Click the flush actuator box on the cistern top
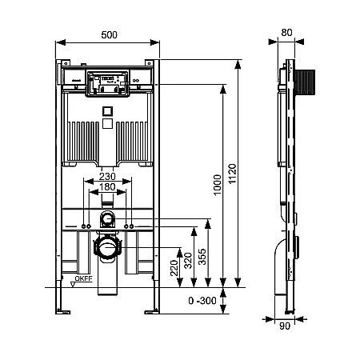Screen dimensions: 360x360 tap(107, 80)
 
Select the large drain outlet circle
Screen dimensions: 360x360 tap(107, 248)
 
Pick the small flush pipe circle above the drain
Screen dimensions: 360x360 tap(107, 218)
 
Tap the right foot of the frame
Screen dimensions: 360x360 tap(153, 306)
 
